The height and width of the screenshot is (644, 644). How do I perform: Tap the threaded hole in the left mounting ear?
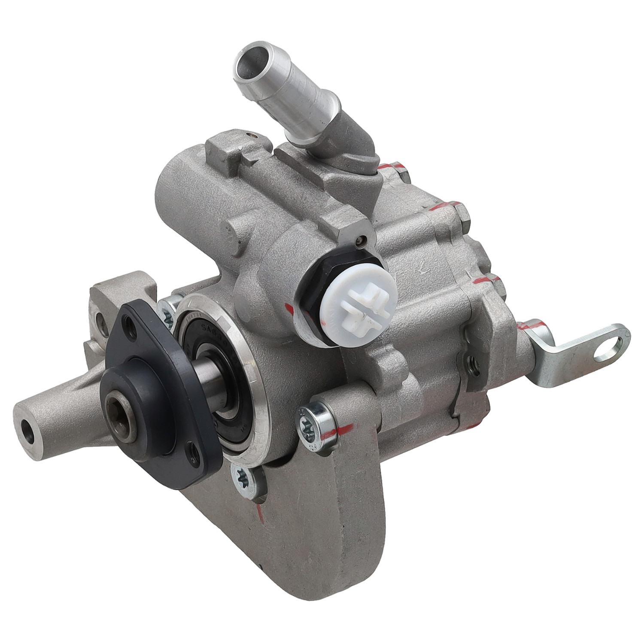[x=100, y=318]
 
